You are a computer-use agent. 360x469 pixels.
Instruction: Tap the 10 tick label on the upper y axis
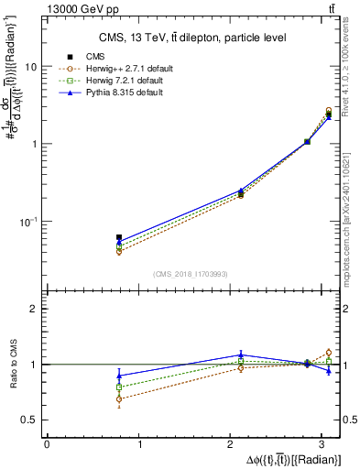pos(30,67)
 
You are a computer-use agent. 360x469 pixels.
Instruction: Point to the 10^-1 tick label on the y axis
pos(27,221)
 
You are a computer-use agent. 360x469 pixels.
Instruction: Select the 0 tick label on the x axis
pos(47,444)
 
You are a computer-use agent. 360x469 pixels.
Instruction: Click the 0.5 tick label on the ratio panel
pos(27,420)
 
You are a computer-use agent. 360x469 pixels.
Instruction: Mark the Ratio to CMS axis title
pos(12,364)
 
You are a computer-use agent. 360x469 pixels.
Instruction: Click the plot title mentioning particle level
pos(192,38)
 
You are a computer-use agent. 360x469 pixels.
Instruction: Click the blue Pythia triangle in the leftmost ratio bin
pos(119,376)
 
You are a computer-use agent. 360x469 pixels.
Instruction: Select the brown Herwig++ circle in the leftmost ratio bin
pos(119,399)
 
